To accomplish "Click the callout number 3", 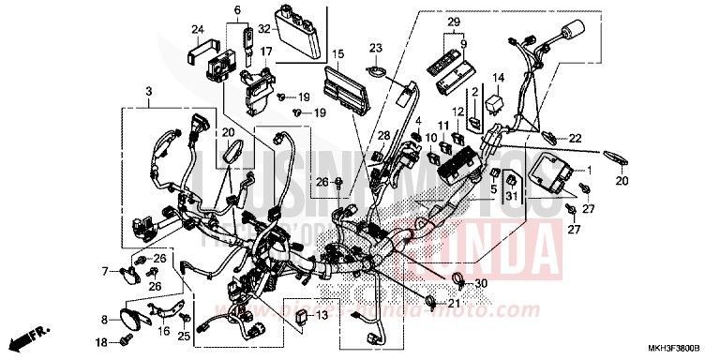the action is click(148, 90).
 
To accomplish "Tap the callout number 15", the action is click(338, 53).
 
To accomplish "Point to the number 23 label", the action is click(375, 48).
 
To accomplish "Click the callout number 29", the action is click(454, 22).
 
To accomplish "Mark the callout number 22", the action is click(575, 138).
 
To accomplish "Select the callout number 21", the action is click(454, 304).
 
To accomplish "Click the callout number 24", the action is click(199, 28).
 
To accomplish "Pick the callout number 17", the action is click(266, 52).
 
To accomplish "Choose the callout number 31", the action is click(512, 195).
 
